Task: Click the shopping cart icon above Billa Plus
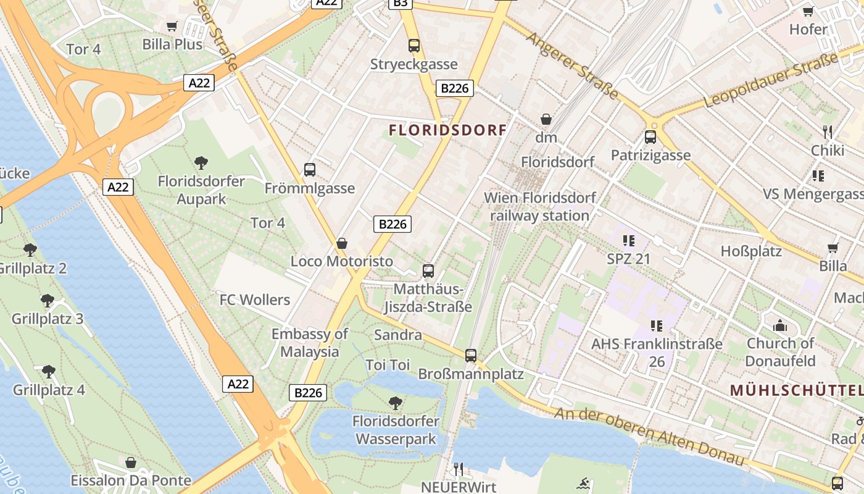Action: coord(172,26)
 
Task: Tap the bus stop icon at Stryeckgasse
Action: coord(413,45)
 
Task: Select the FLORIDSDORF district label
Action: coord(447,130)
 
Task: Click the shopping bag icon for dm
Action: coord(546,119)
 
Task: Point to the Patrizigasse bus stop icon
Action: coord(650,136)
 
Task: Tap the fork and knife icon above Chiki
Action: coord(828,132)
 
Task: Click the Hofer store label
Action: coord(808,29)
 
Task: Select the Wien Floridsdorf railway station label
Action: coord(540,207)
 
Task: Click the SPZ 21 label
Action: coord(628,259)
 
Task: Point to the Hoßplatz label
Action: coord(751,251)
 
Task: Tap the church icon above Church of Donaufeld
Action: coord(780,325)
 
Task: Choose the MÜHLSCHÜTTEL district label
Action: coord(796,390)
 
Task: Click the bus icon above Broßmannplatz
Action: coord(471,355)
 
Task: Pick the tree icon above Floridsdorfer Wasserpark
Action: coord(396,403)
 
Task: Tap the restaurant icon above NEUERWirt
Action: coord(458,469)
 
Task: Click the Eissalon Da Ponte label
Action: coord(131,480)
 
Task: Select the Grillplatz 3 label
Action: coord(48,319)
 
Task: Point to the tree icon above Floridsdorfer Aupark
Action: coord(201,163)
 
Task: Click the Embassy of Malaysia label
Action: coord(310,343)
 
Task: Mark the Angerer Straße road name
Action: coord(571,65)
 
